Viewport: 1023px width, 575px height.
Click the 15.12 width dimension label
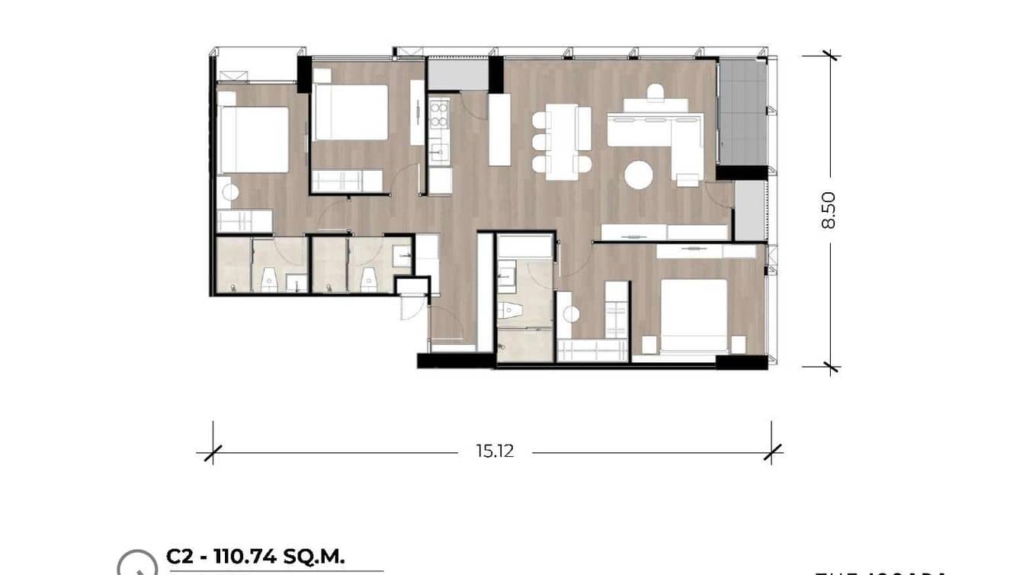coord(495,451)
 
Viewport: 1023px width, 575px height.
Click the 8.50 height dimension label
coord(829,210)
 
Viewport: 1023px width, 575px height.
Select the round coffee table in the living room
coord(639,175)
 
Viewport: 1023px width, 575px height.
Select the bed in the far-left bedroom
coord(253,139)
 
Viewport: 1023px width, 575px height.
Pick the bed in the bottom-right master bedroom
coord(693,316)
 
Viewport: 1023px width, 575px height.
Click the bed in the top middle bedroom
coord(351,111)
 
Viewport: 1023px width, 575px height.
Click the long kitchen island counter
coord(499,129)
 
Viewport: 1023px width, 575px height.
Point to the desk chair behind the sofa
coord(656,92)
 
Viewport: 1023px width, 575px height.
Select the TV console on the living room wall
coord(664,233)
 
